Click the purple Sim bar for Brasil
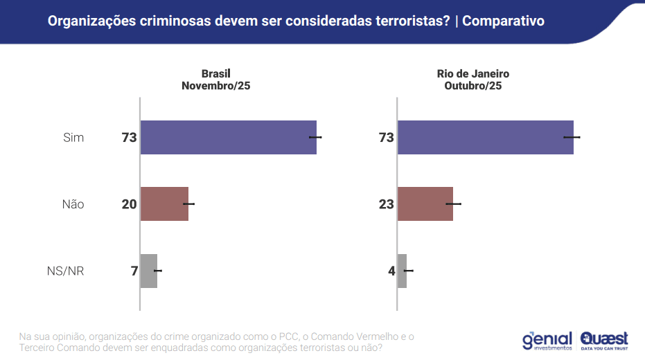coord(228,137)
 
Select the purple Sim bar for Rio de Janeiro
coord(485,137)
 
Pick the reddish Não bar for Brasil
coord(164,204)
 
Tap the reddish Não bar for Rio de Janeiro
coord(425,204)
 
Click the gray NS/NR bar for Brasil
coord(148,270)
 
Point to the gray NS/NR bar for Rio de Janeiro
coord(402,270)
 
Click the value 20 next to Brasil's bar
coord(129,204)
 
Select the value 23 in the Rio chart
coord(386,204)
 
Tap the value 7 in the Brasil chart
coord(134,271)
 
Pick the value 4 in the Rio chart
coord(391,271)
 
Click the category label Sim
coord(73,138)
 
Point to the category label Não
coord(73,204)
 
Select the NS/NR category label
coord(65,271)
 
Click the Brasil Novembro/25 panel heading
coord(215,80)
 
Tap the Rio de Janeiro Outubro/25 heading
coord(473,80)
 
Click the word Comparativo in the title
coord(503,21)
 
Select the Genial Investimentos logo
coord(547,340)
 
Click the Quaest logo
coord(604,340)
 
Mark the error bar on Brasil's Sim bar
coord(315,137)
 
